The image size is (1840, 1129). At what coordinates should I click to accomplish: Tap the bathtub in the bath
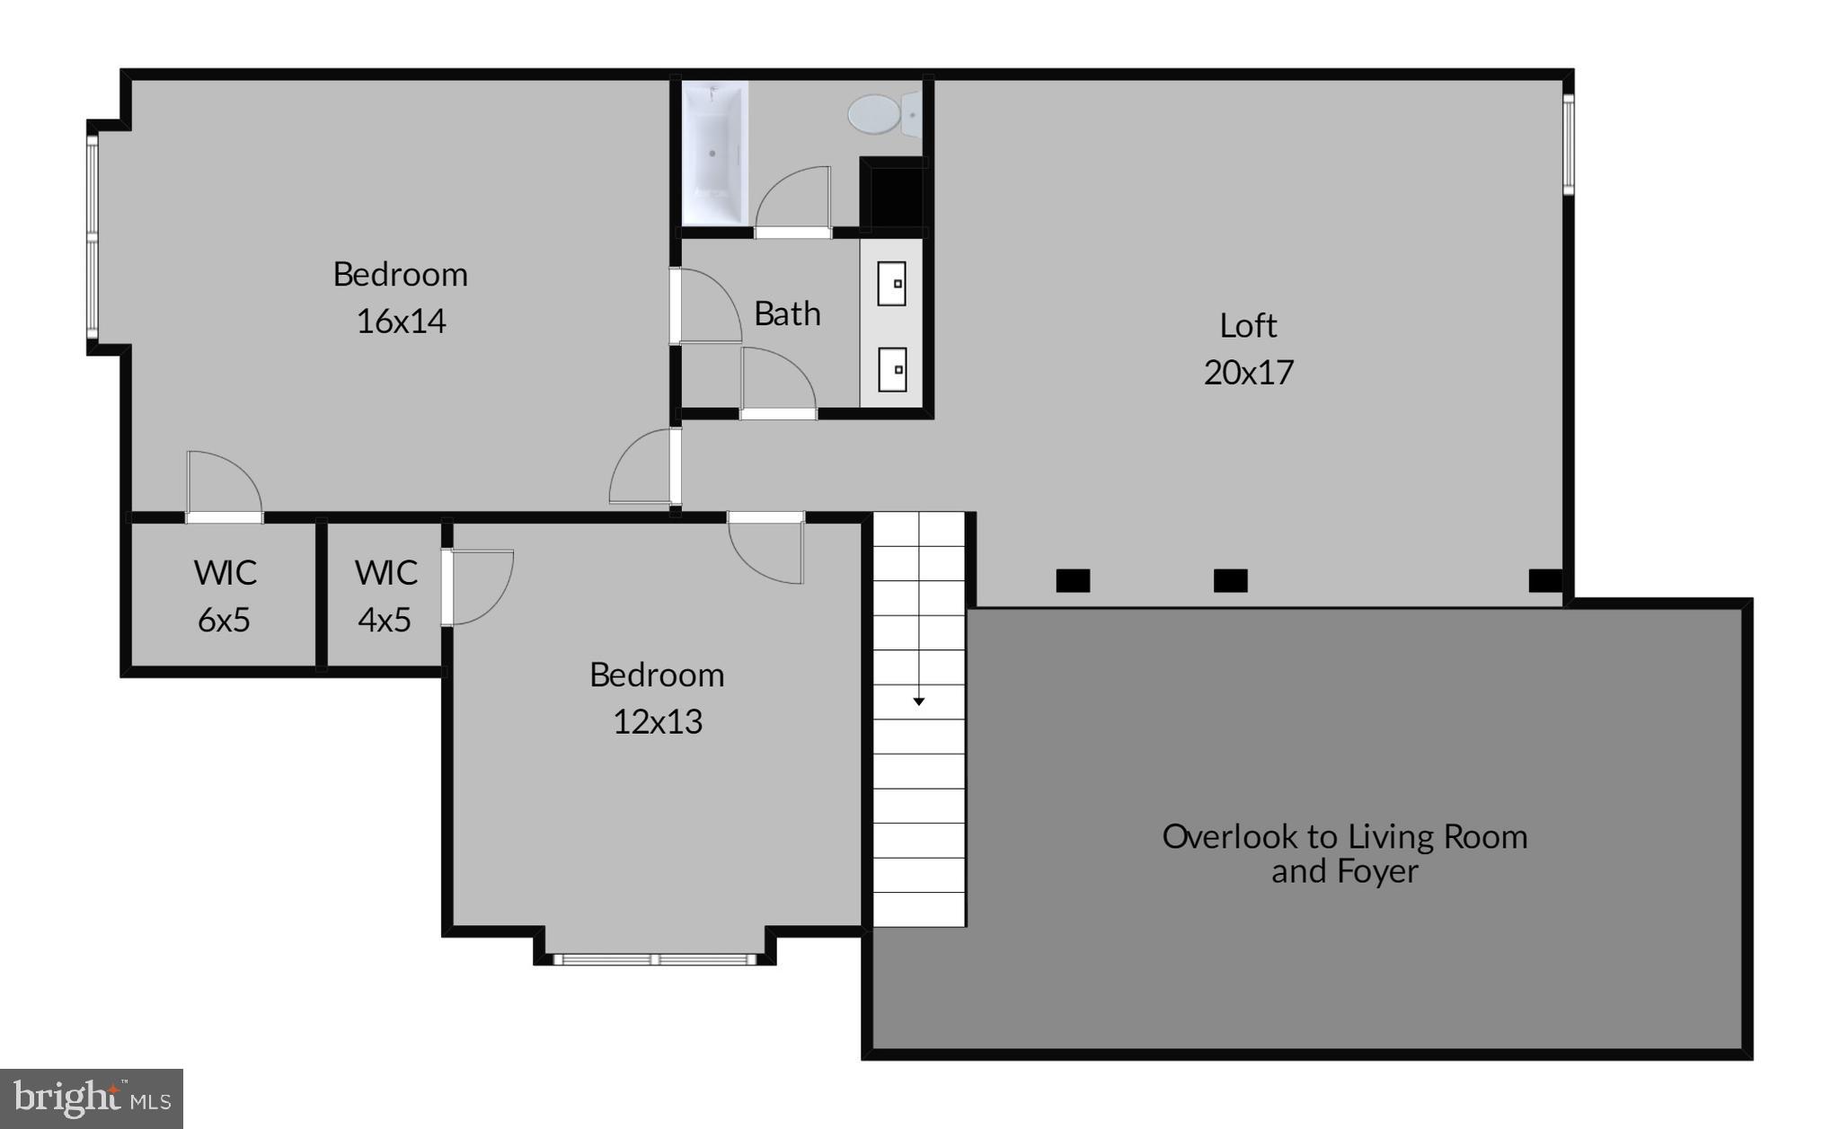pos(714,153)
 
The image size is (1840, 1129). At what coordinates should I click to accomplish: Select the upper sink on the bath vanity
pos(891,284)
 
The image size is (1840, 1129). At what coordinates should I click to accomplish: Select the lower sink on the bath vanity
pos(891,370)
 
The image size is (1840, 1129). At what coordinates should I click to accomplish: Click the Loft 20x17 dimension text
pos(1248,372)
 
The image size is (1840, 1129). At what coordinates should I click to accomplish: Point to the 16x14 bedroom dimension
pos(401,322)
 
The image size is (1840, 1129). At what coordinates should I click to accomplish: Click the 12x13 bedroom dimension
pos(657,721)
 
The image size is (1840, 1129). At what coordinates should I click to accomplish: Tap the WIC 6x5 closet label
pos(225,595)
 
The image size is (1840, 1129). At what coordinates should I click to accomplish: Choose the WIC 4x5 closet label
pos(385,595)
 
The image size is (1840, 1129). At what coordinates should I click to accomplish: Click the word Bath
pos(787,313)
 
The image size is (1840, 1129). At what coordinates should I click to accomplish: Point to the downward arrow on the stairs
pos(918,700)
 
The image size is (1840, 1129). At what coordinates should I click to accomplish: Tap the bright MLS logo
pos(91,1098)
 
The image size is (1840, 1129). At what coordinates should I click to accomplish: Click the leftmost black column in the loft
pos(1073,581)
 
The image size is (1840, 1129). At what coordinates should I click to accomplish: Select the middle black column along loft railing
pos(1230,581)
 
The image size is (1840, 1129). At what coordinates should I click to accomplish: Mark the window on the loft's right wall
pos(1568,144)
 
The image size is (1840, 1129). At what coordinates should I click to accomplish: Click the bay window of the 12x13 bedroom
pos(655,959)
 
